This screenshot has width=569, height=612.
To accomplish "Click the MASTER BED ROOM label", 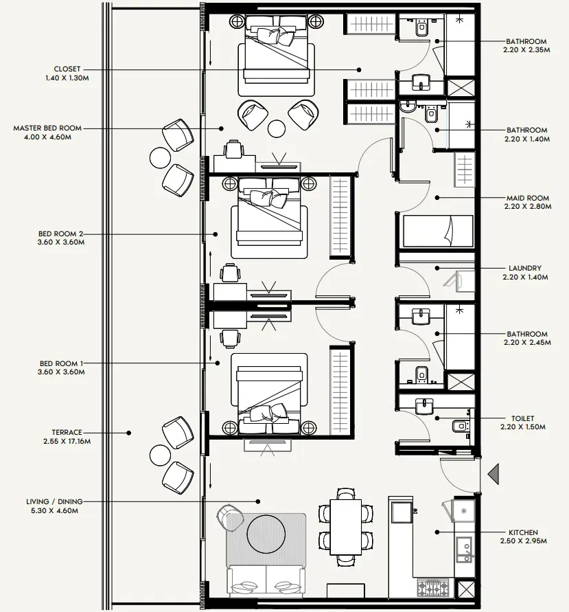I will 47,128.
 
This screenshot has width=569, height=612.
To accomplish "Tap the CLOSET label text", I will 67,69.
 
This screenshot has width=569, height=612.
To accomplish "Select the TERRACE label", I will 67,433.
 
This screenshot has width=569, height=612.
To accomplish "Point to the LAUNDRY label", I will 525,269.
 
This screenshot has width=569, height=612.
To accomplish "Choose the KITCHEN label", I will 524,532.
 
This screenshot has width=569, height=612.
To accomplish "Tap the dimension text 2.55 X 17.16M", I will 67,441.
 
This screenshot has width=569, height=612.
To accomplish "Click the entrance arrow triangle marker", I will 493,474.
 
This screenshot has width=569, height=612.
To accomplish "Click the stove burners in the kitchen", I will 432,587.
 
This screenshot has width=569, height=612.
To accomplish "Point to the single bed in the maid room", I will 437,231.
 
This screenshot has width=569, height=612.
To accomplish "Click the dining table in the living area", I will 345,526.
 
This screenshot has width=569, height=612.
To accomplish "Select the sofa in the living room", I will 267,582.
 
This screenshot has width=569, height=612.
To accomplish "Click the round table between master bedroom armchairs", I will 277,128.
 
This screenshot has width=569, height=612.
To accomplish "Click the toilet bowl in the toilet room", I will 459,426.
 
